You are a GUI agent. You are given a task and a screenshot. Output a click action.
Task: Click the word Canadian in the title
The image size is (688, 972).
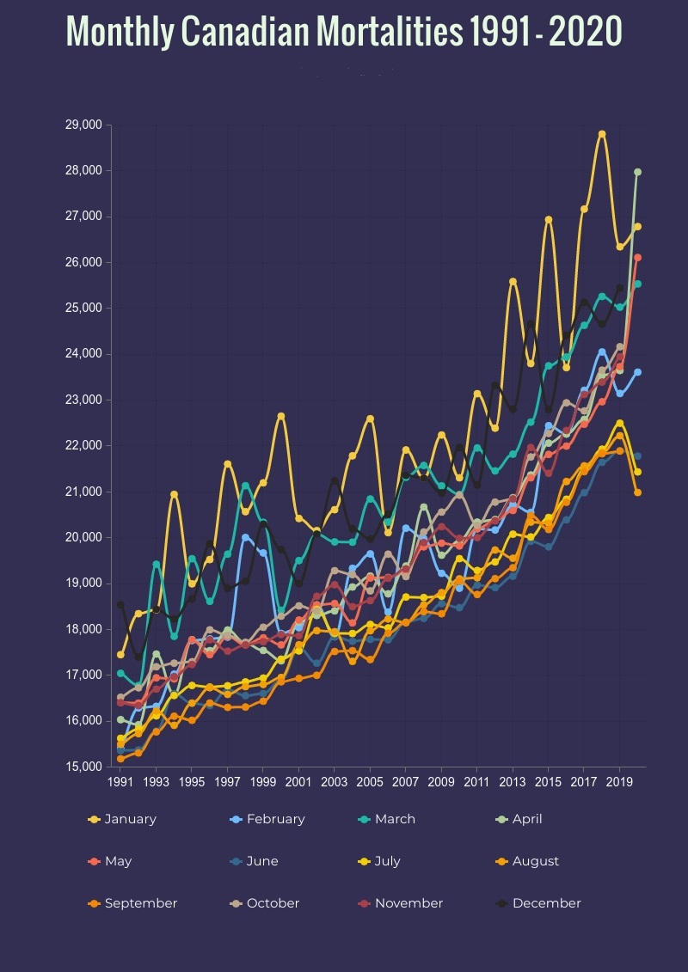(x=229, y=32)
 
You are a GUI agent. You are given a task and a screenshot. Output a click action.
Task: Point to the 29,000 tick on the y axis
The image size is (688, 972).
(x=83, y=125)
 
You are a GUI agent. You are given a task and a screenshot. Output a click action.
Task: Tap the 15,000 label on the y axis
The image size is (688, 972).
(x=83, y=767)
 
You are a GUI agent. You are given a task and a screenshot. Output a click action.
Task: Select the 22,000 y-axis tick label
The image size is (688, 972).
(x=83, y=445)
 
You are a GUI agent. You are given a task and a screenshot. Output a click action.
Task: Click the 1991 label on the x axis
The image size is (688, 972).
(x=120, y=782)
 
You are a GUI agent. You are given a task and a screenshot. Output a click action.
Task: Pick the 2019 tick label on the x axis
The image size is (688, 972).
(x=619, y=782)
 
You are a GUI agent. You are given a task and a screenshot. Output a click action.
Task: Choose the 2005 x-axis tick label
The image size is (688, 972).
(x=370, y=782)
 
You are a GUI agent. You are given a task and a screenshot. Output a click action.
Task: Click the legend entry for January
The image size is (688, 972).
(x=122, y=819)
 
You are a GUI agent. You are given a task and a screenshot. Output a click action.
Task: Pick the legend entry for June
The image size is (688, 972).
(x=255, y=861)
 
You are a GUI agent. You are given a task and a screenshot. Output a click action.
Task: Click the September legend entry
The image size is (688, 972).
(x=132, y=903)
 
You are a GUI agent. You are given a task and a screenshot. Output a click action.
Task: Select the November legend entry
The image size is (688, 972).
(x=400, y=903)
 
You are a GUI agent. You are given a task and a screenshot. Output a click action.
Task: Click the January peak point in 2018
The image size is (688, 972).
(x=602, y=134)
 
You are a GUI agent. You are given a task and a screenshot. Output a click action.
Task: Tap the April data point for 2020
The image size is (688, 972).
(x=637, y=172)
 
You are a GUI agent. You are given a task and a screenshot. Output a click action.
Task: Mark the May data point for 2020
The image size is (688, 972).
(x=637, y=257)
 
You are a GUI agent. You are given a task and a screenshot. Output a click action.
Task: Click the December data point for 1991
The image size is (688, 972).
(x=120, y=605)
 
